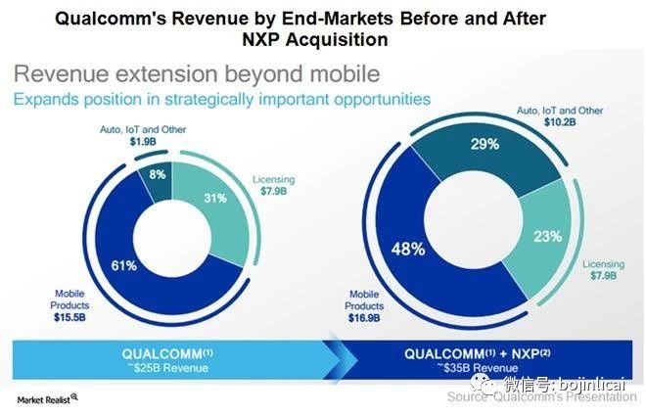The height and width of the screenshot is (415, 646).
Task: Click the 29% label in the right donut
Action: click(486, 144)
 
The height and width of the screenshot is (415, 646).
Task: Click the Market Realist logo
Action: click(47, 397)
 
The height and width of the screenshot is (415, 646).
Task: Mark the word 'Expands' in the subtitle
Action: click(46, 100)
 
